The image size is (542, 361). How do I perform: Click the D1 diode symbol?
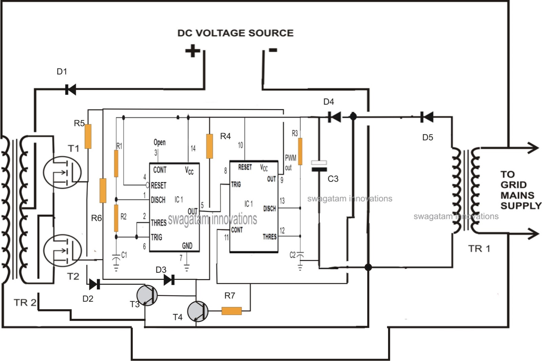[70, 90]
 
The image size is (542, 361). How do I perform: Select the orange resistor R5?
[88, 136]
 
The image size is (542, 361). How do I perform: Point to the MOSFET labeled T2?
[62, 250]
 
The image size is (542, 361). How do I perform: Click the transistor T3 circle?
[147, 295]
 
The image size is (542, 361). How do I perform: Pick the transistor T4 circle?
[198, 311]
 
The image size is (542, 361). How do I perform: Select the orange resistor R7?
[232, 311]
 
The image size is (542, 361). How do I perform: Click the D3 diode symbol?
[169, 280]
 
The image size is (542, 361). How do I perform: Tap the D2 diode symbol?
[94, 284]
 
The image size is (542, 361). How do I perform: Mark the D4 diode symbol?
[335, 117]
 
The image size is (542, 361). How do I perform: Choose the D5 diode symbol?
[427, 117]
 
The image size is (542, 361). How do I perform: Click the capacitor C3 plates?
[319, 166]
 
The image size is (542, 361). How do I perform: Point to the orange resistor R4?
[209, 146]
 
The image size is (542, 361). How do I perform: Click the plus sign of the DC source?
[193, 51]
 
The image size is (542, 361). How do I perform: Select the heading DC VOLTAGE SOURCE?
[235, 33]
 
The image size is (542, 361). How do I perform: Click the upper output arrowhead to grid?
[534, 148]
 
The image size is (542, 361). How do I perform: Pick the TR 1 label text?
[479, 249]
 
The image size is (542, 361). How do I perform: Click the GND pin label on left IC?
[187, 246]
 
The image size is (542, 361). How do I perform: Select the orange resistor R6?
[103, 191]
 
